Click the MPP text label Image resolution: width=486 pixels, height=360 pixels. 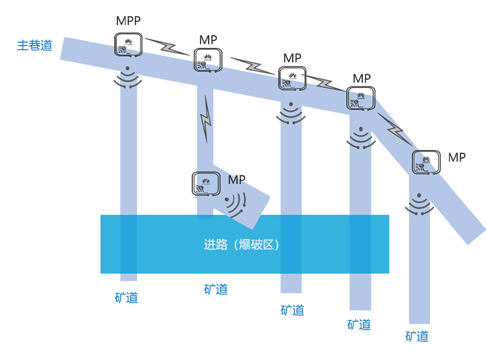(x=128, y=20)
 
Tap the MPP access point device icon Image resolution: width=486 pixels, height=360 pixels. (x=128, y=45)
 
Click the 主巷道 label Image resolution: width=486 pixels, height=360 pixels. (x=34, y=46)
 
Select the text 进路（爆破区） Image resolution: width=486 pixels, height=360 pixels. (x=242, y=245)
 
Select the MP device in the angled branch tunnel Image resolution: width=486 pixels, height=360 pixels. (x=206, y=184)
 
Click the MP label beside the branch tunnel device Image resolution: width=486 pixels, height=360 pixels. (x=237, y=180)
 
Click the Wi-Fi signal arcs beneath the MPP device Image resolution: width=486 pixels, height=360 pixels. (x=128, y=78)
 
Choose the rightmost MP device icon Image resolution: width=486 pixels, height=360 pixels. (x=427, y=163)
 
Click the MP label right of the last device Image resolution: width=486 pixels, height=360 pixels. (x=457, y=157)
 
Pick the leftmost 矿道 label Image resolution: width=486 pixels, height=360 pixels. (x=126, y=297)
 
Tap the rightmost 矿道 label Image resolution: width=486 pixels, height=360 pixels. (x=417, y=336)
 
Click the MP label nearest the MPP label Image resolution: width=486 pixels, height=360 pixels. (x=209, y=41)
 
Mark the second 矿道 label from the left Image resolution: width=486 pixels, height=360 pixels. (x=216, y=289)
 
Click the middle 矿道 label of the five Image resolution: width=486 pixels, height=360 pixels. (x=292, y=310)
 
